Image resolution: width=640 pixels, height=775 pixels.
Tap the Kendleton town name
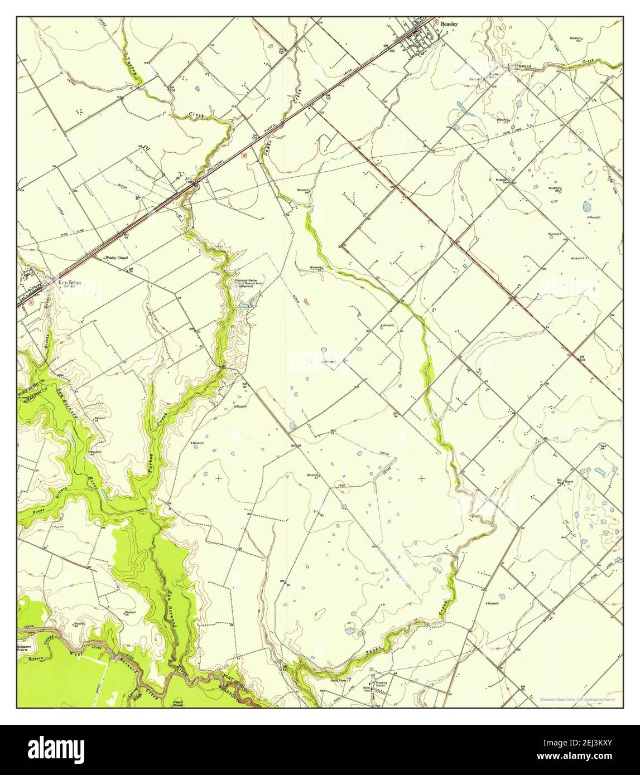point(69,283)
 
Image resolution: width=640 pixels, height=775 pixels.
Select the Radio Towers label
point(339,680)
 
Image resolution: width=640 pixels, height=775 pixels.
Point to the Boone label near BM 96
point(570,480)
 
